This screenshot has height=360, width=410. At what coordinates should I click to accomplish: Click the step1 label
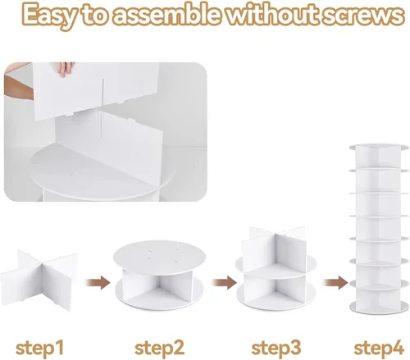39,348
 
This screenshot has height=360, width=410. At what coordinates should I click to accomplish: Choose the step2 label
159,348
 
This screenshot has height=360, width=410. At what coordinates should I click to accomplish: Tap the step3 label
276,348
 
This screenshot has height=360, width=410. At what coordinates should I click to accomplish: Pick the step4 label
379,348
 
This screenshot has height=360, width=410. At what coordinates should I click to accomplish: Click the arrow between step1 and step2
98,282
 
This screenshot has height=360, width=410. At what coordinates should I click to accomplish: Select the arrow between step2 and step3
225,282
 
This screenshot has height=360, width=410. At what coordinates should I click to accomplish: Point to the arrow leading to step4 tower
335,282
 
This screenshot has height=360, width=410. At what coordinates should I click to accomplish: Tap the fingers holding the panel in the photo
65,69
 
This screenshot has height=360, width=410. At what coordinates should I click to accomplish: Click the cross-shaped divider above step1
39,280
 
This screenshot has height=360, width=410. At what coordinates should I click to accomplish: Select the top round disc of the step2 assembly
159,255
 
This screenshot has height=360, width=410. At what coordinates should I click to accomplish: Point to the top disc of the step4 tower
379,147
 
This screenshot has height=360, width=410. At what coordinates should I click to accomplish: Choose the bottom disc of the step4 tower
379,308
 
